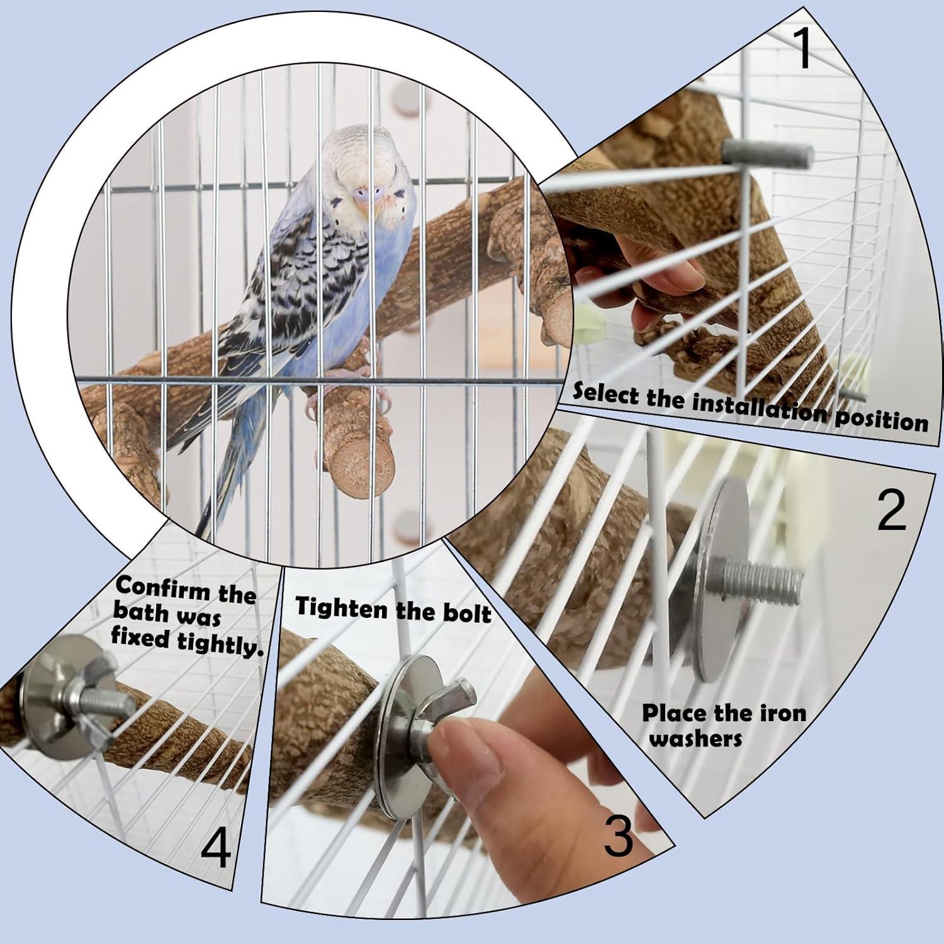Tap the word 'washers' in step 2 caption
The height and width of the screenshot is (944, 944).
695,738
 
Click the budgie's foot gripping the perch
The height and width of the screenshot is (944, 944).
315,403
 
